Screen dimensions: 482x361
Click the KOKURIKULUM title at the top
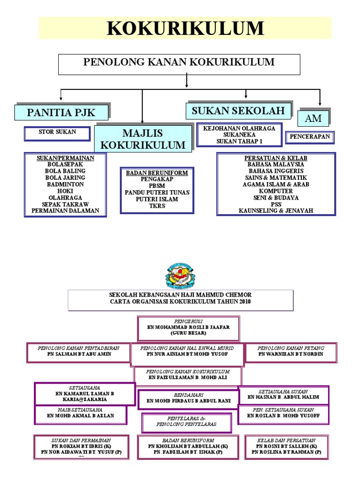click(x=185, y=28)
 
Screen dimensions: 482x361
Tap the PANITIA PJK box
click(x=62, y=112)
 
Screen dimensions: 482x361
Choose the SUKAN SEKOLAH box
click(x=239, y=111)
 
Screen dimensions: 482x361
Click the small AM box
click(x=313, y=119)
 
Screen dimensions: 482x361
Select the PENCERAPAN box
click(x=309, y=137)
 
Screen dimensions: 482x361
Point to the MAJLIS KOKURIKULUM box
click(x=143, y=138)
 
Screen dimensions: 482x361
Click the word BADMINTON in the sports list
click(x=65, y=185)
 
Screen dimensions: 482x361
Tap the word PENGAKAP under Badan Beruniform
click(x=157, y=179)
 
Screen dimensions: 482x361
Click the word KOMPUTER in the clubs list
click(x=275, y=191)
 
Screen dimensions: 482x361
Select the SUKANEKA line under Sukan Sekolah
click(x=239, y=134)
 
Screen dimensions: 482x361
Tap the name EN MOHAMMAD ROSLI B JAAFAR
click(x=188, y=327)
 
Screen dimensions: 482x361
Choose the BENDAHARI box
click(x=188, y=398)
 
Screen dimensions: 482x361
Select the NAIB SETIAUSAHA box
click(x=80, y=415)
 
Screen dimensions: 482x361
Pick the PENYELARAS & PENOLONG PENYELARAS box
click(x=187, y=421)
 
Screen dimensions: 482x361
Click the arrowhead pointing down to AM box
click(x=320, y=103)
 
